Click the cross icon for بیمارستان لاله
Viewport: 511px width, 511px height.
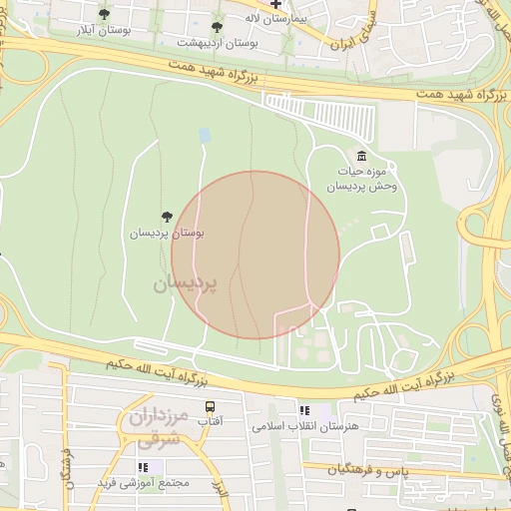(275, 5)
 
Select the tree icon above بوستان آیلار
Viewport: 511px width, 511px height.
(105, 14)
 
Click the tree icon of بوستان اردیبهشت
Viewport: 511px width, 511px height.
(218, 27)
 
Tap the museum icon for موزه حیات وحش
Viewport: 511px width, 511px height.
(360, 156)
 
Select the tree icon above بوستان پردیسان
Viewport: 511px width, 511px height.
(167, 217)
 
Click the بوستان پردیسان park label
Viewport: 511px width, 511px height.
(167, 233)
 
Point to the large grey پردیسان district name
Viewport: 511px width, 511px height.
(185, 284)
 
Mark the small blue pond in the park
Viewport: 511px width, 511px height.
(205, 135)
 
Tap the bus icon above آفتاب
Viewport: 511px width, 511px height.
(211, 406)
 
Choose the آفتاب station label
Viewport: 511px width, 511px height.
(211, 422)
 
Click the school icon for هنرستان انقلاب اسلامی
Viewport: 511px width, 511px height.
(304, 410)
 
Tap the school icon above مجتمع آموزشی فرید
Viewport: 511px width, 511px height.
(144, 467)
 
